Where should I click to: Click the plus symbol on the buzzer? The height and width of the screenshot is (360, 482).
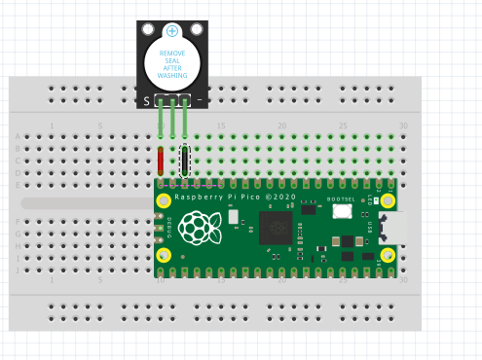(172, 31)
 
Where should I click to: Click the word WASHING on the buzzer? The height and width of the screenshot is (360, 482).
(172, 75)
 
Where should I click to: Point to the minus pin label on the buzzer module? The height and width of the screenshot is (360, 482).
(200, 99)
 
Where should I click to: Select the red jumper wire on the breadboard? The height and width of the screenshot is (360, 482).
(161, 160)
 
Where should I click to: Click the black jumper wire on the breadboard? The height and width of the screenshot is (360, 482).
(185, 160)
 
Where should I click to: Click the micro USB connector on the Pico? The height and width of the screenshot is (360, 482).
(394, 228)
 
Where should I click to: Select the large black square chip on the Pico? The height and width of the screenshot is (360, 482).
(276, 228)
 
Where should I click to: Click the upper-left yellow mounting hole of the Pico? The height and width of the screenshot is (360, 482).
(165, 201)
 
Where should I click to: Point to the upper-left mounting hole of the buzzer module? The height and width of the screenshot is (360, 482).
(148, 30)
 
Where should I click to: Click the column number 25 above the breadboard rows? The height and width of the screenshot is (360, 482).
(343, 126)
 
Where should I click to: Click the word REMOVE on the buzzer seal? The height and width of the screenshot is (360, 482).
(172, 54)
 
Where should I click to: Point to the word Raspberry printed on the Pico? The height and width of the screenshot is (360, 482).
(195, 197)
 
